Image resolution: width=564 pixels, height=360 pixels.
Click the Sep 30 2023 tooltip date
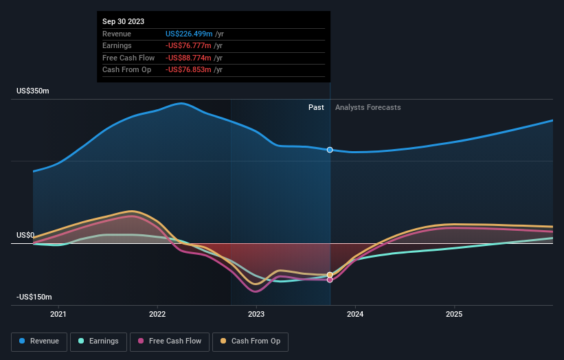point(124,22)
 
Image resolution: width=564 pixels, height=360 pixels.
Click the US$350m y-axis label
point(33,91)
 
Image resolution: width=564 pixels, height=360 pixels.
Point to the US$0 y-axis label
point(25,235)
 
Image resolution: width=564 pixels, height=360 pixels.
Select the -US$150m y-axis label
point(34,297)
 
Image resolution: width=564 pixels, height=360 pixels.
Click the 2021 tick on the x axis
point(59,315)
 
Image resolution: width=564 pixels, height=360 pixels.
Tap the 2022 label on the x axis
point(158,315)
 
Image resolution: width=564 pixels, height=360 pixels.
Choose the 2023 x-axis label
point(256,315)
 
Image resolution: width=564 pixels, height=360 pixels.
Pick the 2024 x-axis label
point(355,315)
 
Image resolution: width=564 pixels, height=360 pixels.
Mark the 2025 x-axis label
point(454,315)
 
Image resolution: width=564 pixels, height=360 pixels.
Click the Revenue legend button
point(40,341)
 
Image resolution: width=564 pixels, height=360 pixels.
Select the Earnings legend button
point(99,341)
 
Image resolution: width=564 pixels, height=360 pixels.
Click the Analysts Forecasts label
point(368,107)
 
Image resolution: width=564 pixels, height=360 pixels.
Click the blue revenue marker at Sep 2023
point(330,150)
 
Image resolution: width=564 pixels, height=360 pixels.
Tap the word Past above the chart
point(316,107)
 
